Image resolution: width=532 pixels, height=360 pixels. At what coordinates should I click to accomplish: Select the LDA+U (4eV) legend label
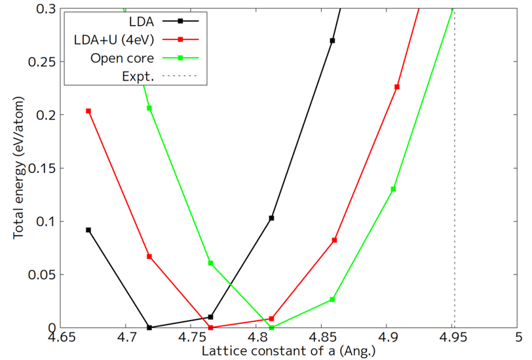[x=115, y=39]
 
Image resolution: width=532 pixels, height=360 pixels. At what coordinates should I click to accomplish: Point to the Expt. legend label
[x=138, y=77]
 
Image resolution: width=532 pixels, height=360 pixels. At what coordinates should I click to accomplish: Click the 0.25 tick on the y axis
[x=39, y=62]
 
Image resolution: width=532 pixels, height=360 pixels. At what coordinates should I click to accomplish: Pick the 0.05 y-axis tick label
[x=39, y=275]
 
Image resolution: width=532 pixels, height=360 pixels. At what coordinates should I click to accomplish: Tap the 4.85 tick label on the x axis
[x=321, y=339]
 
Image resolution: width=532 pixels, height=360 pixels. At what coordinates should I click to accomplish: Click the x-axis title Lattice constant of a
[x=288, y=351]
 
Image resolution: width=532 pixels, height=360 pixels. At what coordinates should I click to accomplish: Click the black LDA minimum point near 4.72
[x=149, y=327]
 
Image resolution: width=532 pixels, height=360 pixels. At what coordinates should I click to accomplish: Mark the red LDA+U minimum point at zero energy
[x=210, y=327]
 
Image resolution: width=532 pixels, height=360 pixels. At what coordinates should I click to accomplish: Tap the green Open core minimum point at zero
[x=271, y=327]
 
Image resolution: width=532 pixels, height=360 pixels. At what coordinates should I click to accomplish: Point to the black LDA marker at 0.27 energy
[x=332, y=41]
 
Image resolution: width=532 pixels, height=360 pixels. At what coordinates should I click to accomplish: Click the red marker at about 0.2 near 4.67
[x=88, y=111]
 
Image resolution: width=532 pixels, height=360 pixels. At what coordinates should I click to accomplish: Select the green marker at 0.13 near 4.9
[x=393, y=189]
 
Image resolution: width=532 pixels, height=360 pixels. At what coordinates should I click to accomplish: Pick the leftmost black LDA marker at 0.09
[x=88, y=230]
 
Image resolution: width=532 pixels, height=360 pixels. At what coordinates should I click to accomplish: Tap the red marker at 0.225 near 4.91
[x=397, y=87]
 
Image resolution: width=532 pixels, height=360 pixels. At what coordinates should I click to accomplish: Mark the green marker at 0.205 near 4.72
[x=149, y=108]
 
